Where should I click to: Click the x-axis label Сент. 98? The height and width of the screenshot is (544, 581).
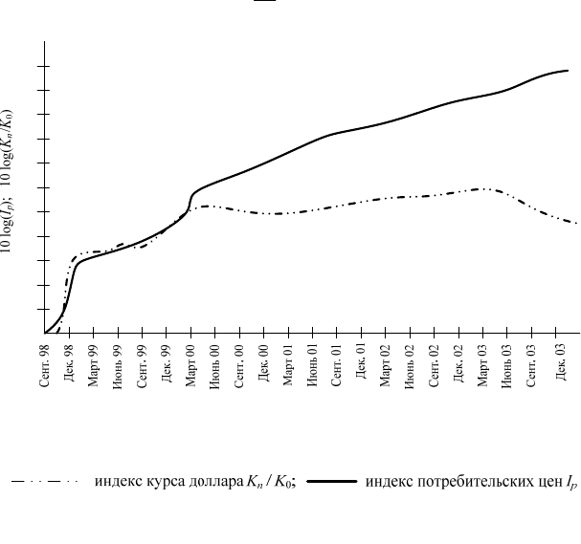(x=44, y=365)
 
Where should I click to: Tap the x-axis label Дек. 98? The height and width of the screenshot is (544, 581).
(x=69, y=363)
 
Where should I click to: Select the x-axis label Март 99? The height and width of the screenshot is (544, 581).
(x=93, y=365)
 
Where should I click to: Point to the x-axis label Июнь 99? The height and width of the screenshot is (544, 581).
(x=118, y=366)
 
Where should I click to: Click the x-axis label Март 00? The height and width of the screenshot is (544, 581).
(x=190, y=365)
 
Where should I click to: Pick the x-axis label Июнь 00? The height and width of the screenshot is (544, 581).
(x=214, y=366)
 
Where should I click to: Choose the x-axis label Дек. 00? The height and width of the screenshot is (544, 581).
(x=263, y=362)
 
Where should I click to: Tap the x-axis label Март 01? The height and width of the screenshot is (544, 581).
(x=288, y=364)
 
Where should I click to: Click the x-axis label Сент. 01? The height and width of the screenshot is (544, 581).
(x=336, y=365)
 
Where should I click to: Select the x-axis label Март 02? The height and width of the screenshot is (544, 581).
(x=385, y=365)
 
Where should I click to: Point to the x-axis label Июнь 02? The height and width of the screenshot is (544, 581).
(x=410, y=366)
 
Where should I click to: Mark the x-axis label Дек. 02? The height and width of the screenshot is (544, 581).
(x=458, y=363)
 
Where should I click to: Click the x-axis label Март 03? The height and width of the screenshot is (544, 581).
(x=482, y=365)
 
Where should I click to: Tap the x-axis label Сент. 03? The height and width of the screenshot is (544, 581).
(x=531, y=365)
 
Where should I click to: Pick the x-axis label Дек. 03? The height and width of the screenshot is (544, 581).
(x=561, y=362)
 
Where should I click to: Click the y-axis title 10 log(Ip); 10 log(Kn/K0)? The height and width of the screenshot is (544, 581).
(x=7, y=182)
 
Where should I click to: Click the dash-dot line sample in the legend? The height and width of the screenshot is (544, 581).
(x=45, y=482)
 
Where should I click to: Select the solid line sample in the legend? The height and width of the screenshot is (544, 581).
(x=332, y=482)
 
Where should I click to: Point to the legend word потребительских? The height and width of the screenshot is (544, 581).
(x=438, y=482)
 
